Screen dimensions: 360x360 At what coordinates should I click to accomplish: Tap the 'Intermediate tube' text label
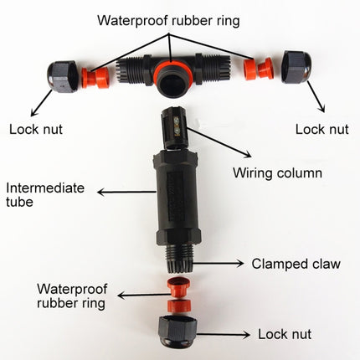click(x=45, y=195)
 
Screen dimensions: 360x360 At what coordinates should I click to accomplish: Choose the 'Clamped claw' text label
click(x=296, y=264)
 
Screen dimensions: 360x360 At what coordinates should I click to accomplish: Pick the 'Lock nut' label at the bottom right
click(x=284, y=334)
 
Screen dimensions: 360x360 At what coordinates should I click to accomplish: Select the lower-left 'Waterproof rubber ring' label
click(x=70, y=296)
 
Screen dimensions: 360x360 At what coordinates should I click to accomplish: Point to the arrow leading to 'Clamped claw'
click(x=221, y=263)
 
